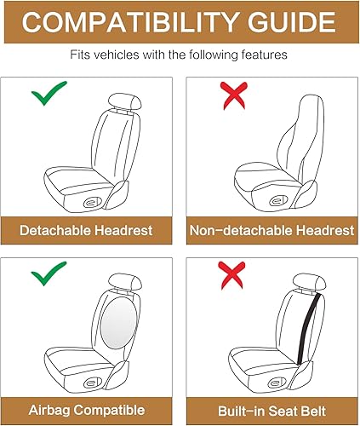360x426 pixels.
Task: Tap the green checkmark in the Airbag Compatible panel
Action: point(49,277)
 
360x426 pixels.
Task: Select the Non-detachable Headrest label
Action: point(271,230)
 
